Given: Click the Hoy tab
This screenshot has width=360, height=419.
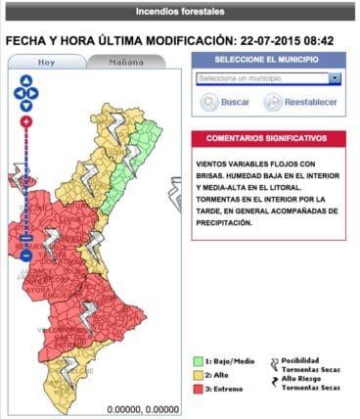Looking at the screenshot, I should click(x=47, y=62).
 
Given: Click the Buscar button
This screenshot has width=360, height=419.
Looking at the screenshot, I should click(x=224, y=102).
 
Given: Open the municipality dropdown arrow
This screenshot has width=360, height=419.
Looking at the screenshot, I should click(x=335, y=78).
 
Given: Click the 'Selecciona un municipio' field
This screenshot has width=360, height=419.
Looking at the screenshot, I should click(x=261, y=78).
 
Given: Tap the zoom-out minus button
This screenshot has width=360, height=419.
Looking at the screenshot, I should click(x=25, y=256).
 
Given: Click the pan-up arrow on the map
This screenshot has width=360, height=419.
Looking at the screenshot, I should click(x=25, y=84).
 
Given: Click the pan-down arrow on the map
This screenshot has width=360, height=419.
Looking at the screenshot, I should click(x=25, y=104).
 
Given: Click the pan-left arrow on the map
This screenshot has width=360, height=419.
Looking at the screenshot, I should click(x=17, y=94).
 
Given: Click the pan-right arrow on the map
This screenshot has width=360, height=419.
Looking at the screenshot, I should click(x=35, y=94).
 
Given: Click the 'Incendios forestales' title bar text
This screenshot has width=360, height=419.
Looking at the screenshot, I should click(x=179, y=13).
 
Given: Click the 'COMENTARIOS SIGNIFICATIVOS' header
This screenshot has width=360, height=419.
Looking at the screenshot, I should click(x=268, y=138).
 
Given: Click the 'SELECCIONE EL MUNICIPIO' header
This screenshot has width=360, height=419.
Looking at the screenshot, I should click(x=268, y=59).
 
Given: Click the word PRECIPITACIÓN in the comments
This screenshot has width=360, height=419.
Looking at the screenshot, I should click(x=225, y=222).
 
